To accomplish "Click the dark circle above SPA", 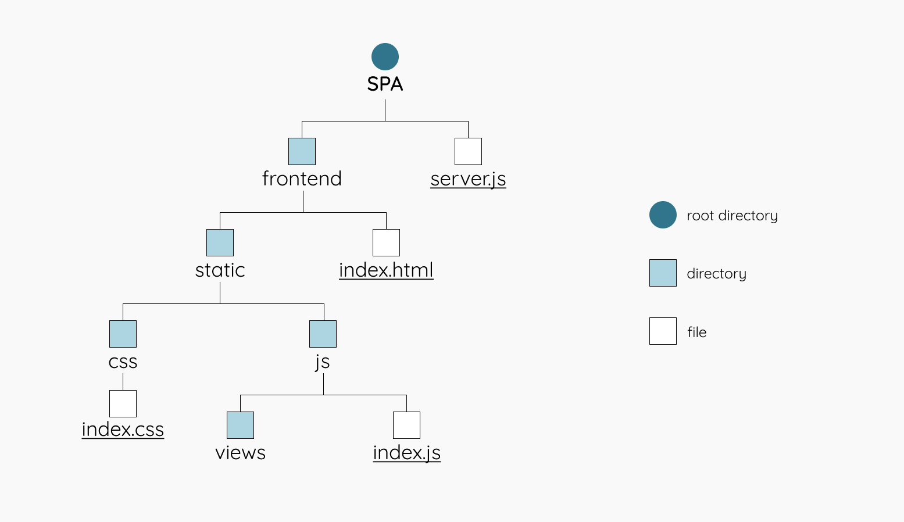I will tap(385, 56).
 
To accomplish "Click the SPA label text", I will tap(385, 84).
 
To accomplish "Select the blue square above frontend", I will tap(302, 151).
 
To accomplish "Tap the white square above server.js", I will tap(468, 151).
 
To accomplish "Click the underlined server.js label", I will tap(468, 179).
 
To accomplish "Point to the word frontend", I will tap(302, 178).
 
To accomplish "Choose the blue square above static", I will tap(220, 242).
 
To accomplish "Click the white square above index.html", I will tap(386, 242).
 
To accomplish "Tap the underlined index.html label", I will tap(386, 270).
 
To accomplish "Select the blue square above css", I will tap(123, 334).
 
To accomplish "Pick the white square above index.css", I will tap(123, 403).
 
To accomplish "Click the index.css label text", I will tap(123, 430).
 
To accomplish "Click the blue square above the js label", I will tap(323, 334).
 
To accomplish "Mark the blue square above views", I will tap(240, 425).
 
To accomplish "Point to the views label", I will tap(240, 453).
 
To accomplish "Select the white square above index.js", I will tap(406, 425).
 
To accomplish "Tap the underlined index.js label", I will tap(406, 453).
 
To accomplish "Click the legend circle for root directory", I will tap(663, 214).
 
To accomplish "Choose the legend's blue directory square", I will tap(663, 273).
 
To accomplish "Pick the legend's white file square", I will tap(663, 331).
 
